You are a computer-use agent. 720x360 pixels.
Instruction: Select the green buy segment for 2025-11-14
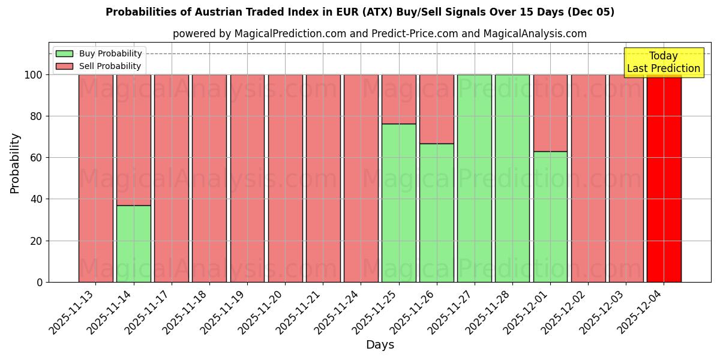tap(134, 244)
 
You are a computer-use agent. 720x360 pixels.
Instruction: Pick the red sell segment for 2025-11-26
tap(436, 109)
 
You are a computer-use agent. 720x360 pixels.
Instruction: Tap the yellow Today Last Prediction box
tap(663, 62)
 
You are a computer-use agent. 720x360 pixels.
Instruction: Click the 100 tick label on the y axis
tap(34, 75)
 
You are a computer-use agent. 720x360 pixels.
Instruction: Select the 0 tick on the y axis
tap(40, 282)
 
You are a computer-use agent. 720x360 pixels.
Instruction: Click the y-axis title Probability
tap(15, 163)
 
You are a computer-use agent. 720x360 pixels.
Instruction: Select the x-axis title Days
tap(380, 345)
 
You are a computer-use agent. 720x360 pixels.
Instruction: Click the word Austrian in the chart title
tap(192, 12)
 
